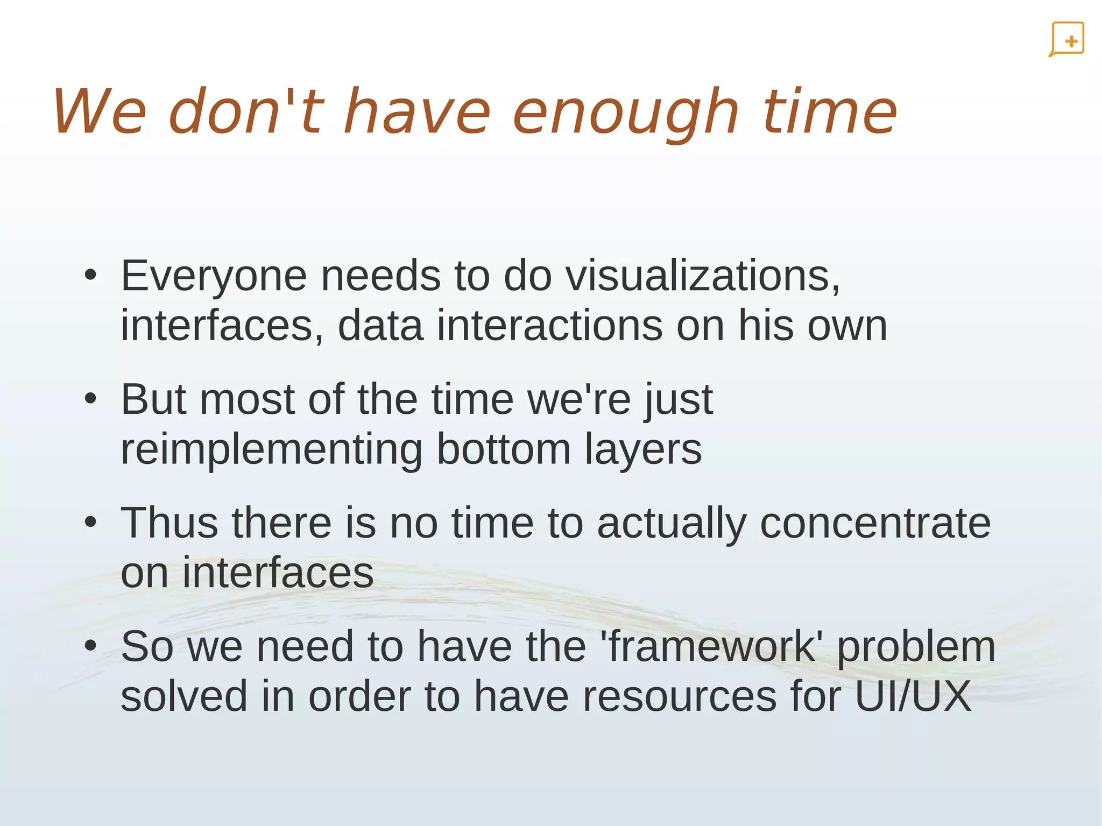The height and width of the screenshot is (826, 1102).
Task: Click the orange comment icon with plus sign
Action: [x=1066, y=39]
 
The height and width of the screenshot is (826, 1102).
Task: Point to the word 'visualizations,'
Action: [x=703, y=276]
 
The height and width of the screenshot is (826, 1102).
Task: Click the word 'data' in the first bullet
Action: [x=380, y=326]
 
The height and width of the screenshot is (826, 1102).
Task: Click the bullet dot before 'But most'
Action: [x=90, y=399]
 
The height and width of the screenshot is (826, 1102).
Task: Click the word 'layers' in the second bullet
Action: [x=643, y=450]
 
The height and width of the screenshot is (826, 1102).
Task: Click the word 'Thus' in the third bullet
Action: [x=169, y=523]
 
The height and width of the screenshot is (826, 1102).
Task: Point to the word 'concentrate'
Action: [x=875, y=523]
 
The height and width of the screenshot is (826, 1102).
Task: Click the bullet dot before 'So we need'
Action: [x=90, y=646]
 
